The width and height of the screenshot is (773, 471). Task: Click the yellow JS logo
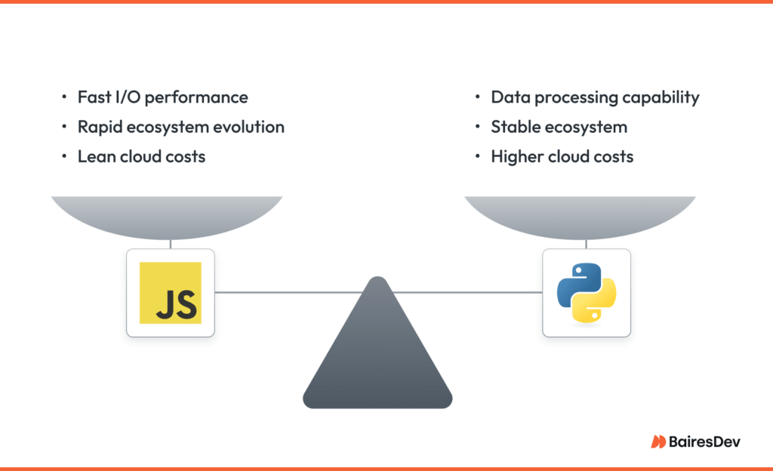(171, 292)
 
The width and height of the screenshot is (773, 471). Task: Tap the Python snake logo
(587, 292)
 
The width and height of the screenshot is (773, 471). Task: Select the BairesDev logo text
(704, 442)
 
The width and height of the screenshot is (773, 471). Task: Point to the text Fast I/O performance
(162, 97)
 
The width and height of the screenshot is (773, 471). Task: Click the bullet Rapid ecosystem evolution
(181, 127)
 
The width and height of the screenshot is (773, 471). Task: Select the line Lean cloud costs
(141, 156)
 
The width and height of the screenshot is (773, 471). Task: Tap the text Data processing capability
(595, 97)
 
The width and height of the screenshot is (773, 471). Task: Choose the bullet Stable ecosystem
(559, 127)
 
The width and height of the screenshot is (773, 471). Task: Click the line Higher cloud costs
(562, 156)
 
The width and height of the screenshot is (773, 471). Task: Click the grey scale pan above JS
(167, 215)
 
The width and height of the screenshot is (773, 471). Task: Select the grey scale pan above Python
(580, 215)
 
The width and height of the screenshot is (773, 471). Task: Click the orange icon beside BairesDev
(658, 442)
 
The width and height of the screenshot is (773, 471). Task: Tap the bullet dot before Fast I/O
(63, 98)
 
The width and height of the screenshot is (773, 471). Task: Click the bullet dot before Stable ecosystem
(477, 128)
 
